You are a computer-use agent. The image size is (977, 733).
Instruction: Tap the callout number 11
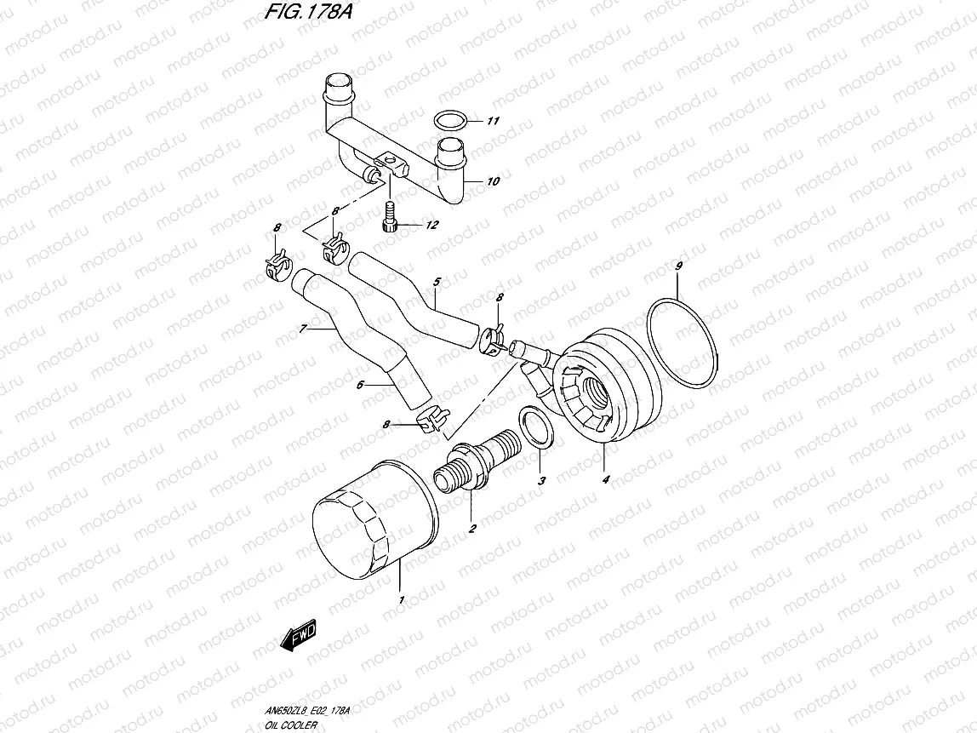492,121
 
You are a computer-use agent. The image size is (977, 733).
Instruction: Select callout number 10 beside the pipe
493,181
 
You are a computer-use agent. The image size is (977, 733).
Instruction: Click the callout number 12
431,226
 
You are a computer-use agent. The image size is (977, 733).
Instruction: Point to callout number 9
678,267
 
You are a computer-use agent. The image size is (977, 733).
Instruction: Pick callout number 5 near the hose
437,281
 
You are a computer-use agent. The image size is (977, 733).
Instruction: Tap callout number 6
360,385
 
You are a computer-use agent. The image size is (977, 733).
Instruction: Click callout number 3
540,482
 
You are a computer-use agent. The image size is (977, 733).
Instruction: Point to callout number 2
472,529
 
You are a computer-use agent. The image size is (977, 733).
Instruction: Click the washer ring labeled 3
533,426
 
